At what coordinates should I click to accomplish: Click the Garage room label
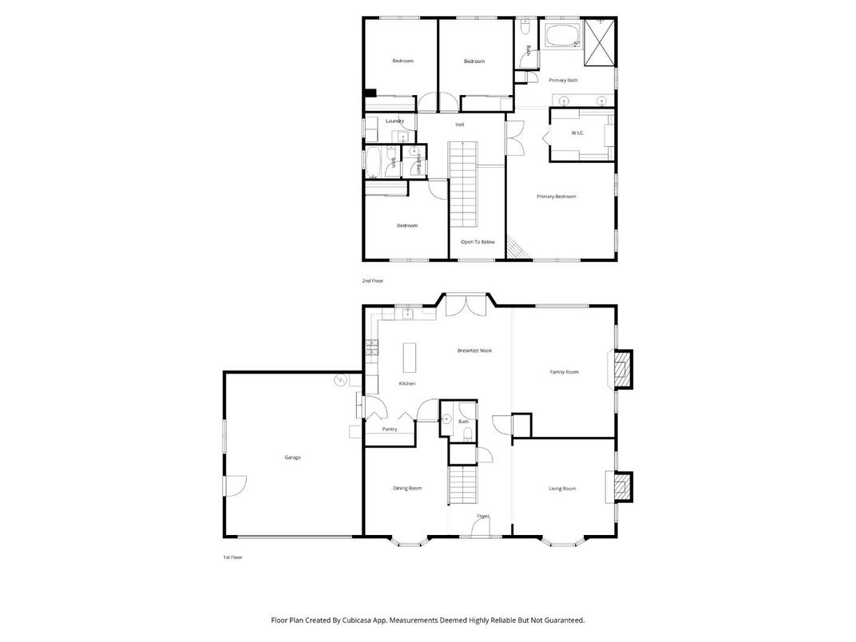(292, 458)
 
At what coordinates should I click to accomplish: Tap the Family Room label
(565, 372)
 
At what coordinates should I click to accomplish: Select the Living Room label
(562, 489)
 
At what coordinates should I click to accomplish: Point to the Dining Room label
(407, 489)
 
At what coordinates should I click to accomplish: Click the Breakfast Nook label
(474, 351)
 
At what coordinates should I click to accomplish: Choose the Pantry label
(390, 430)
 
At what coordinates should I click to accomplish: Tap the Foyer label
(483, 517)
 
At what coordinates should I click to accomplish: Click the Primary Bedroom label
(556, 196)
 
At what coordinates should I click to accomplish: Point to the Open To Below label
(478, 242)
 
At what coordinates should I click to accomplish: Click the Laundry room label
(394, 121)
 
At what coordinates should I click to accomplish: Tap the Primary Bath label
(563, 81)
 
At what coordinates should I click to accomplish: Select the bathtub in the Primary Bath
(564, 36)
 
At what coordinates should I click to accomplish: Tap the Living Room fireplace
(621, 487)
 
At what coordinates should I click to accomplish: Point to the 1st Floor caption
(232, 557)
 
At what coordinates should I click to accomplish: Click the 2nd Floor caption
(372, 282)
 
